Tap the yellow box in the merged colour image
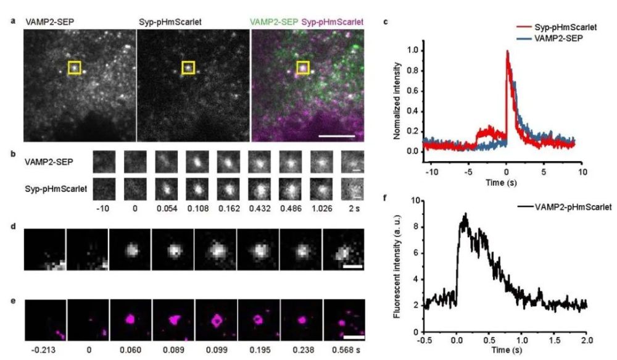point(303,67)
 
